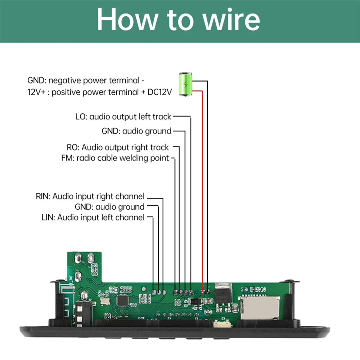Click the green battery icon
pos(186,84)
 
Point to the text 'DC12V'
pos(161,92)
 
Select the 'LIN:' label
pos(49,217)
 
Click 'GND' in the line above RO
pos(110,131)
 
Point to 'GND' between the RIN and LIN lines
pos(84,207)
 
